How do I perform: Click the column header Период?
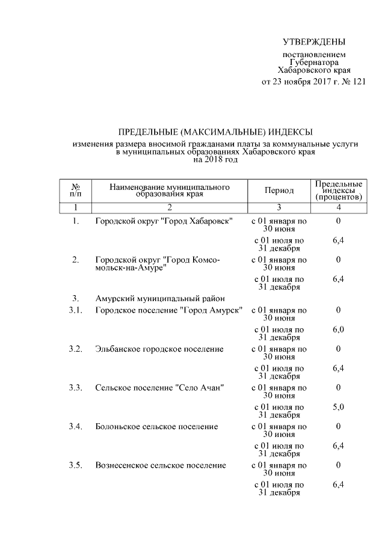(x=279, y=191)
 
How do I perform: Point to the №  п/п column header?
(x=76, y=191)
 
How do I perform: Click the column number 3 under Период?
(x=279, y=207)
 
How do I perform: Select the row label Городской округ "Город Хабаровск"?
(x=164, y=221)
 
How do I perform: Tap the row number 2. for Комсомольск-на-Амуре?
(x=76, y=260)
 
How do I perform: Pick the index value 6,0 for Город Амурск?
(x=338, y=329)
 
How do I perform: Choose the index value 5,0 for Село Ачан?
(x=338, y=407)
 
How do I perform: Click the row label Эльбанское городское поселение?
(x=159, y=349)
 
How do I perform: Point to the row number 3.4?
(x=75, y=426)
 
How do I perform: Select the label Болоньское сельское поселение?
(x=156, y=426)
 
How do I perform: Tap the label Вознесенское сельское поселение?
(x=161, y=465)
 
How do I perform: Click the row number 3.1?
(x=75, y=310)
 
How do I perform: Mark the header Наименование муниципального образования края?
(x=169, y=191)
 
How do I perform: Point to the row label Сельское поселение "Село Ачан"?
(x=159, y=388)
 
